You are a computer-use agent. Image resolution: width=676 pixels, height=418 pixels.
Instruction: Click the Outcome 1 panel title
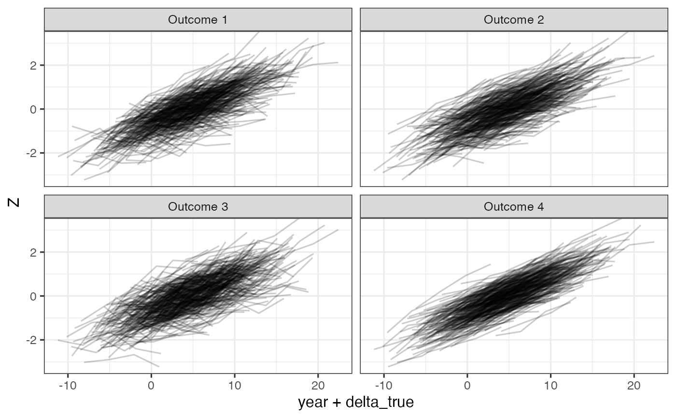(198, 20)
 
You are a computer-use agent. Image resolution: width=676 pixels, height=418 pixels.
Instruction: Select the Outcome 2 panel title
(514, 20)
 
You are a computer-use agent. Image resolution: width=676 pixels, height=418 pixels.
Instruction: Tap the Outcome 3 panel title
(198, 207)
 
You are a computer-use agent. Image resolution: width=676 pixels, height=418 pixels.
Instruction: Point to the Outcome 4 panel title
(514, 207)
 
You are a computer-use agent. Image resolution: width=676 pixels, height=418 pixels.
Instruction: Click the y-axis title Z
(14, 202)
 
